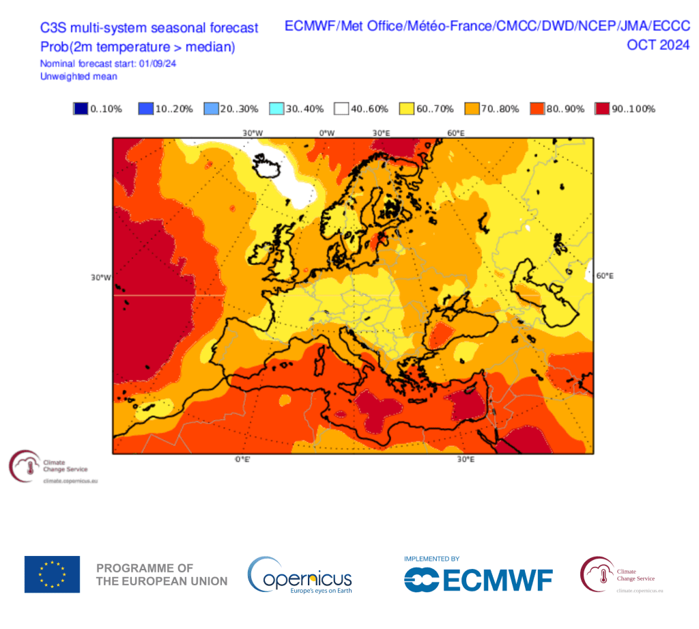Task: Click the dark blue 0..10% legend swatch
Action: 81,109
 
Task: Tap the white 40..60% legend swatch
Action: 341,109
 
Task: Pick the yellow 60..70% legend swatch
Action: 406,109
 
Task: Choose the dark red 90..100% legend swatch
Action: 602,109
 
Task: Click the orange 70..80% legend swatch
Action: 472,109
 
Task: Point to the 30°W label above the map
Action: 253,132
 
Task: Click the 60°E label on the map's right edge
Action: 605,276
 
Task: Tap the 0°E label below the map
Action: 242,460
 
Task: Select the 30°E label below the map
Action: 466,460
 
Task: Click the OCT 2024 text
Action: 658,45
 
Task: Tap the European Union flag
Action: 52,574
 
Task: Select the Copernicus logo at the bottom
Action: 300,575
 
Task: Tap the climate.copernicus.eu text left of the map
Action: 71,481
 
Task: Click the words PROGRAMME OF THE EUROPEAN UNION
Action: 162,574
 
